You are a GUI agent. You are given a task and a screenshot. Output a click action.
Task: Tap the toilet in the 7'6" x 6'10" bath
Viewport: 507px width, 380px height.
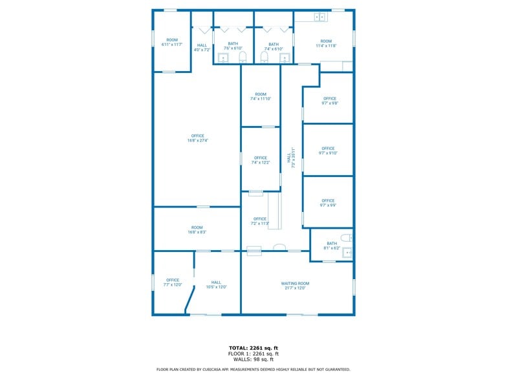pos(243,58)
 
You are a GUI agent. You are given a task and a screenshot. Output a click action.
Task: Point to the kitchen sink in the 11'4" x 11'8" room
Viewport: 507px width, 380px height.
pos(319,17)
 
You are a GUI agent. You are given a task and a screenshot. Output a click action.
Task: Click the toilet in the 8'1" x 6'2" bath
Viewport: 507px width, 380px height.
pos(346,238)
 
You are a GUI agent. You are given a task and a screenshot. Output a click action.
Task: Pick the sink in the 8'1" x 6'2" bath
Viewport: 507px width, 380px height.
pos(347,252)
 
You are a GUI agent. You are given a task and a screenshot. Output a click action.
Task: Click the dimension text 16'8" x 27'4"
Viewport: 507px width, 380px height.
pos(197,140)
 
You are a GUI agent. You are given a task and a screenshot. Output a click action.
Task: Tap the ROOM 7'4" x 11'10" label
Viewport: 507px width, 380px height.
pos(261,97)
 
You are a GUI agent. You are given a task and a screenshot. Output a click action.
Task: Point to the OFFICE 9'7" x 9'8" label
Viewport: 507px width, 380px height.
pos(329,101)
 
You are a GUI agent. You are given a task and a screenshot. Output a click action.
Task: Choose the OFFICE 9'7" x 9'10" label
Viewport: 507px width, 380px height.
pos(328,151)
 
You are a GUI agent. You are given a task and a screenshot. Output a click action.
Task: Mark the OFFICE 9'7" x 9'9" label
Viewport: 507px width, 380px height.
pos(328,203)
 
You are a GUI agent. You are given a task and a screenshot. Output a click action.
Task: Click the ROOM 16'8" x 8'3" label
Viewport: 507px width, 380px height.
pos(197,229)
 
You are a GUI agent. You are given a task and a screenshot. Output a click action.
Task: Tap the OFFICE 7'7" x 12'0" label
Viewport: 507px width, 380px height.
pos(172,282)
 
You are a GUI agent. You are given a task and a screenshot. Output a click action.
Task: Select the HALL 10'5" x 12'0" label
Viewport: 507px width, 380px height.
pos(216,284)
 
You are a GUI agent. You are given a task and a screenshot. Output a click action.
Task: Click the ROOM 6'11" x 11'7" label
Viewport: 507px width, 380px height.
pos(171,42)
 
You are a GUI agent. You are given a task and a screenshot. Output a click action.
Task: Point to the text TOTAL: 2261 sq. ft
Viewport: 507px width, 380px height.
pos(253,348)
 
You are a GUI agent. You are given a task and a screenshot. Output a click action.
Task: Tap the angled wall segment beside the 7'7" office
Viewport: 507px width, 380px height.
pos(189,299)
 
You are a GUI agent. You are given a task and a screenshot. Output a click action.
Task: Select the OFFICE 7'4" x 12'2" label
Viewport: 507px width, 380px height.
pos(261,160)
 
